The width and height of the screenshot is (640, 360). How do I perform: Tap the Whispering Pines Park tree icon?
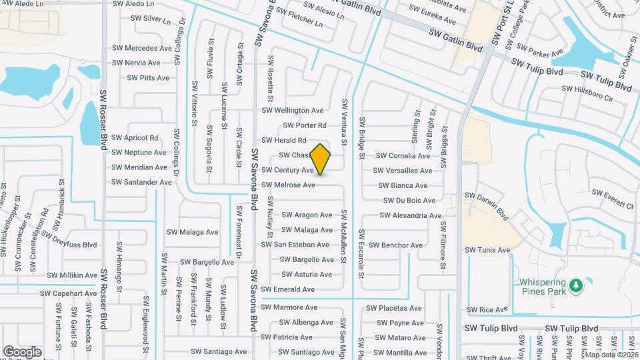(x=575, y=287)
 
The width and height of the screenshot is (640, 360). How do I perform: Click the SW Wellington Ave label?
(x=293, y=111)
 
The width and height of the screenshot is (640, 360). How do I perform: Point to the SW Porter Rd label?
(x=305, y=125)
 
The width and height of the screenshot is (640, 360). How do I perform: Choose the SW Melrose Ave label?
(x=288, y=185)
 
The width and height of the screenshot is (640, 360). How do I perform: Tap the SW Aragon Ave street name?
(x=307, y=215)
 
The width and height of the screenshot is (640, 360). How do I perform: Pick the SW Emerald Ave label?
(x=288, y=289)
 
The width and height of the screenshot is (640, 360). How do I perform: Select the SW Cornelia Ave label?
(x=403, y=156)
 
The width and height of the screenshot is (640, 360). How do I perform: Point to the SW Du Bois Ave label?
(x=409, y=201)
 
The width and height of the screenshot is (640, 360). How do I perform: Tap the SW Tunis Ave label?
(x=488, y=250)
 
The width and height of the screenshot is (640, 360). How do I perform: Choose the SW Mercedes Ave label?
(x=142, y=48)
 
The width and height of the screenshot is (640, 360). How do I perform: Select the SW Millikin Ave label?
(x=72, y=275)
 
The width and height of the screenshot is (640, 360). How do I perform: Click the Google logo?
(x=23, y=351)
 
